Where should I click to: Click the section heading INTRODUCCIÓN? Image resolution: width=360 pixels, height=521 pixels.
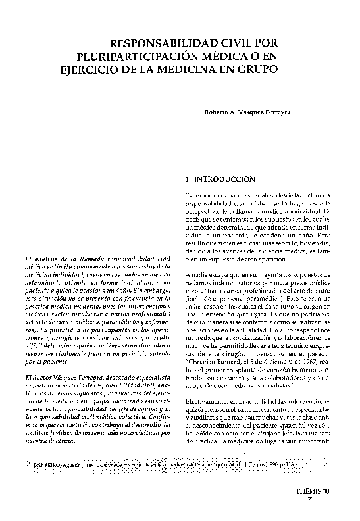pyautogui.click(x=222, y=178)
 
